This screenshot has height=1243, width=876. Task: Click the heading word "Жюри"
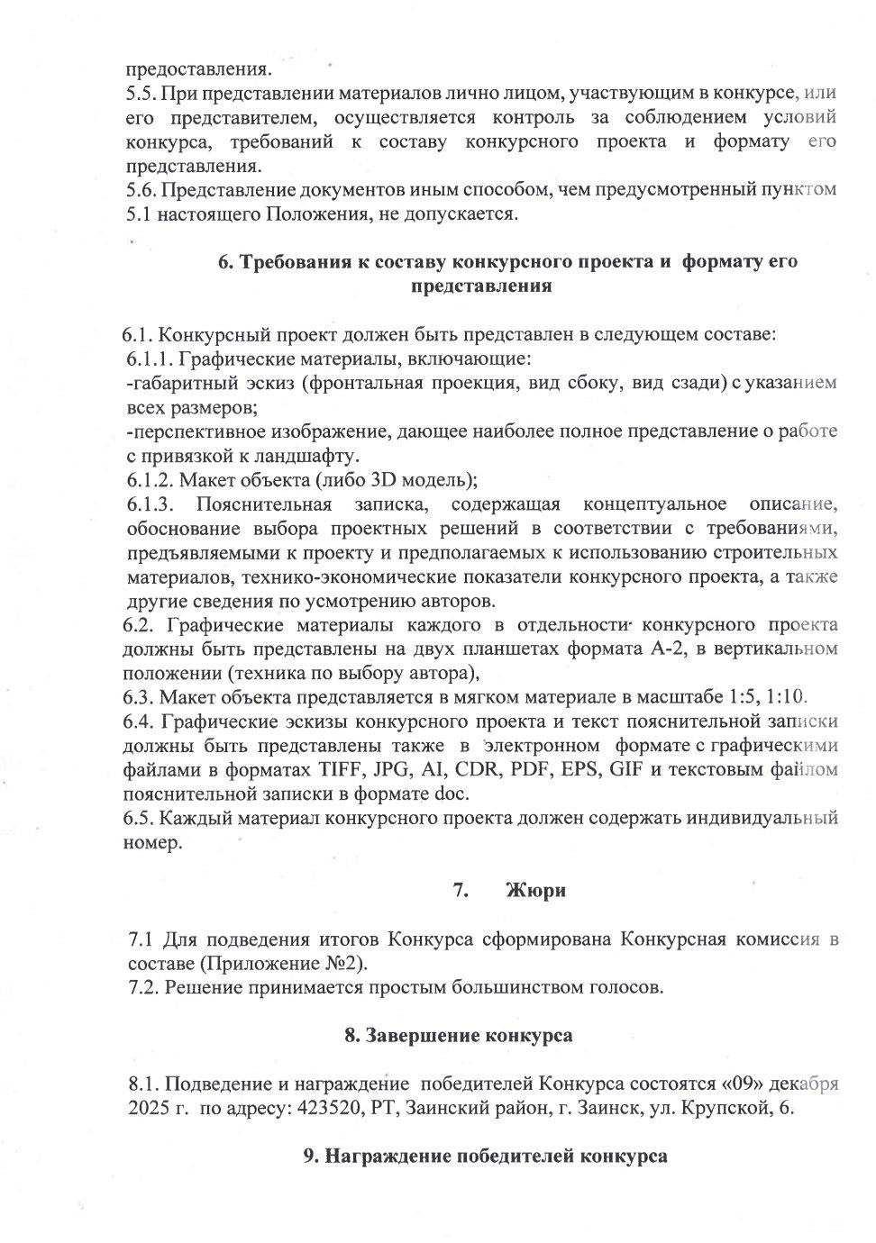(x=536, y=891)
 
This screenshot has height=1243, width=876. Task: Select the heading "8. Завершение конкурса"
(x=459, y=1036)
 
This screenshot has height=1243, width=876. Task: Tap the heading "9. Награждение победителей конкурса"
(x=484, y=1157)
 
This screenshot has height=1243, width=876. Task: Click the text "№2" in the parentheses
(x=343, y=963)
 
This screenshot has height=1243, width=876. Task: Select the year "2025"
(x=148, y=1108)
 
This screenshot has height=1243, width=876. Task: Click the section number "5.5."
(x=141, y=93)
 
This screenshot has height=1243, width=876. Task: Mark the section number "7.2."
(x=145, y=987)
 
